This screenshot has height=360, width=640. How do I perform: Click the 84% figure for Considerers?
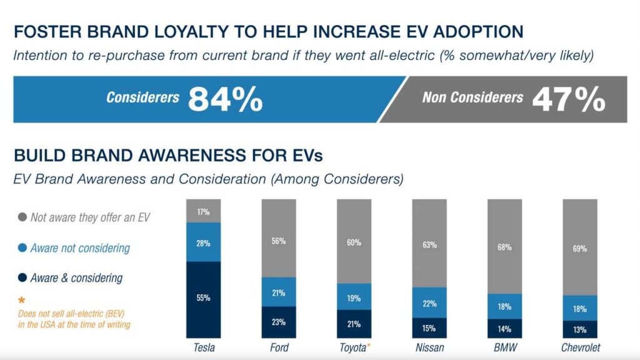225,99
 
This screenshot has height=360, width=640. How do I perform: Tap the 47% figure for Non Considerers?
568,99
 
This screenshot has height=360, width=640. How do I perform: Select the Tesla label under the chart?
204,347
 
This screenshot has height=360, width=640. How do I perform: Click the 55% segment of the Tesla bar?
204,299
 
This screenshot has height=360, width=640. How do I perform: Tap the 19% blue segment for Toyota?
354,297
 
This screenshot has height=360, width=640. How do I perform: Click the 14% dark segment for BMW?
504,329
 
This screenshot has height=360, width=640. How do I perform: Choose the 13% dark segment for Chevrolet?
579,330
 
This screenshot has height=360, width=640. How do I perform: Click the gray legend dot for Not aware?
22,218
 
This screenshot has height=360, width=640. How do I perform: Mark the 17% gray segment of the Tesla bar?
204,211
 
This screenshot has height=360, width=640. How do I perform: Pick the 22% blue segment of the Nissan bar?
429,303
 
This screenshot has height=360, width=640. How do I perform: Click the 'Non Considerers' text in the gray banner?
472,97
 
